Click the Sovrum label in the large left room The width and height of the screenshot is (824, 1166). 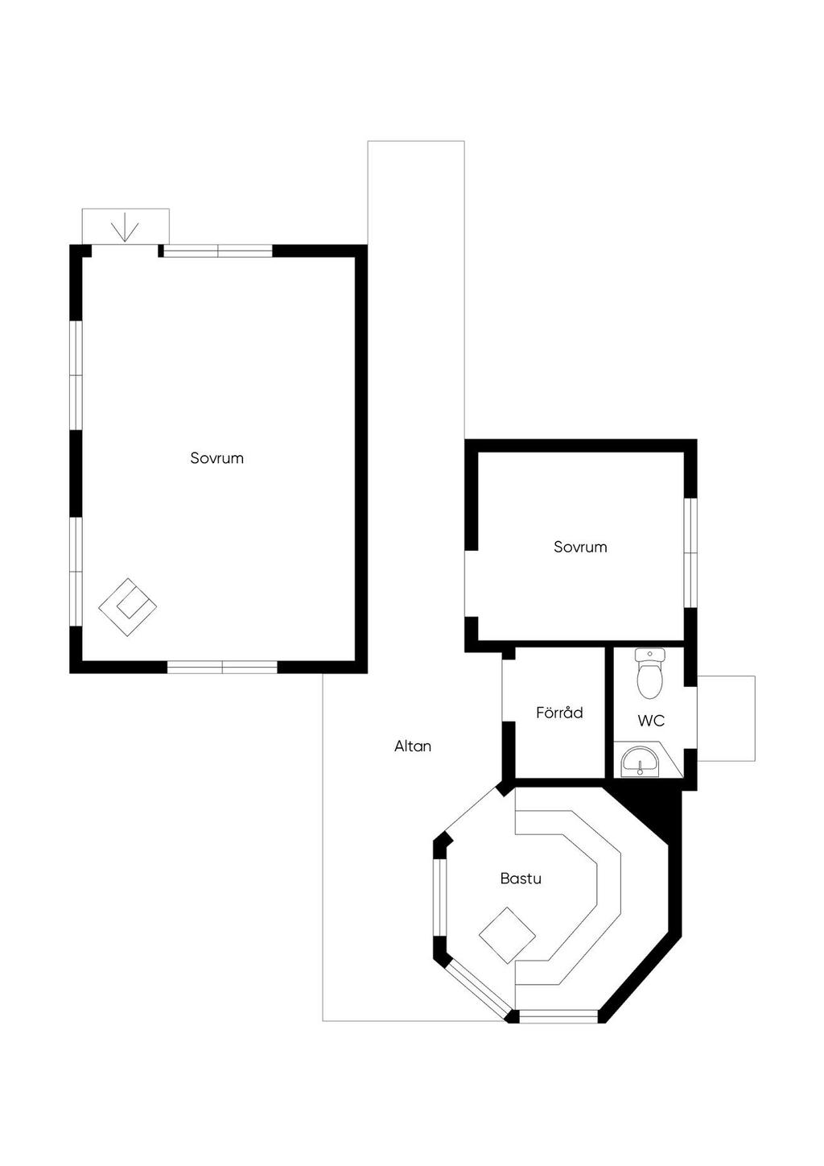click(x=216, y=458)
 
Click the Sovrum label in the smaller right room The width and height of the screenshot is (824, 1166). click(x=580, y=547)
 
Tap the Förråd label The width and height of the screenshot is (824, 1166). click(x=559, y=712)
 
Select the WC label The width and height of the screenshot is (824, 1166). click(x=651, y=721)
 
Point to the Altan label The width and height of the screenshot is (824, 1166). click(x=413, y=746)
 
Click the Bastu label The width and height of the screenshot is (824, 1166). click(x=521, y=879)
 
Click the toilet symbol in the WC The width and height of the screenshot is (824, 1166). click(x=649, y=673)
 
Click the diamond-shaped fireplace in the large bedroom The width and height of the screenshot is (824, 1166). click(x=127, y=607)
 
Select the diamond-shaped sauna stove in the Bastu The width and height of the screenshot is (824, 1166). click(x=507, y=936)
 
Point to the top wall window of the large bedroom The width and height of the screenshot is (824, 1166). click(x=218, y=251)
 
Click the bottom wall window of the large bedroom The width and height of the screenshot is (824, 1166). click(x=222, y=668)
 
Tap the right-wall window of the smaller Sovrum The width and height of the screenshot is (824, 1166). click(x=690, y=553)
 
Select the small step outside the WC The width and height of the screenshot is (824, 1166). click(x=726, y=718)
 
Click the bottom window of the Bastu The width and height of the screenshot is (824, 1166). click(x=558, y=1016)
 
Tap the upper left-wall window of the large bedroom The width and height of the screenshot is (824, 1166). click(x=76, y=375)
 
